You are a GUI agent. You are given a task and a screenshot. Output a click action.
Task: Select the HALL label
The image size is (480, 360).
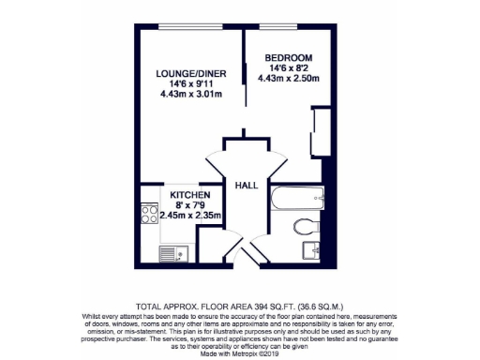pyautogui.click(x=245, y=185)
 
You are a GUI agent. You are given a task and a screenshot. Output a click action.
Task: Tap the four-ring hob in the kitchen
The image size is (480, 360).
pyautogui.click(x=148, y=217)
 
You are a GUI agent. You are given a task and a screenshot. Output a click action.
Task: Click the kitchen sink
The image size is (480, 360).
pyautogui.click(x=171, y=250)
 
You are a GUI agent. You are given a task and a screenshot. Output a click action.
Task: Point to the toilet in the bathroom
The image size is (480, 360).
pyautogui.click(x=302, y=225)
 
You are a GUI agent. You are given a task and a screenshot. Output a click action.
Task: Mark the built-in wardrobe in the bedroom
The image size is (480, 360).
pyautogui.click(x=320, y=132)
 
